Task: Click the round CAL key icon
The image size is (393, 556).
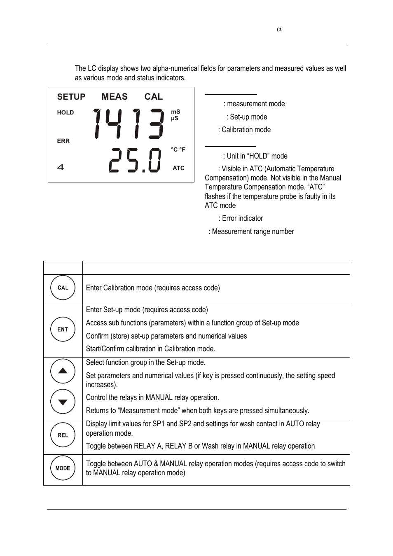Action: pyautogui.click(x=63, y=288)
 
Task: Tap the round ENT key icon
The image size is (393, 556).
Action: pyautogui.click(x=63, y=329)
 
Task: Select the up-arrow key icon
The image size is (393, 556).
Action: pyautogui.click(x=63, y=371)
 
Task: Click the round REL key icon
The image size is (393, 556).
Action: pyautogui.click(x=63, y=435)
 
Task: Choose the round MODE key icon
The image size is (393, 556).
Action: pyautogui.click(x=63, y=468)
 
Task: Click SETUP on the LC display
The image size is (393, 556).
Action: pyautogui.click(x=71, y=97)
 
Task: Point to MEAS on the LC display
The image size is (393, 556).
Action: pyautogui.click(x=115, y=97)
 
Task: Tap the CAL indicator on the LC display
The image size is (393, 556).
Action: pyautogui.click(x=154, y=97)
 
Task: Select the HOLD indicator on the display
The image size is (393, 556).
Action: pyautogui.click(x=65, y=112)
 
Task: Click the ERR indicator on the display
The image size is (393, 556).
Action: pyautogui.click(x=63, y=141)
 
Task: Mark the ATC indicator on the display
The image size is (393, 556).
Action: pyautogui.click(x=178, y=168)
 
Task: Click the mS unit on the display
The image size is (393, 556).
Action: pyautogui.click(x=175, y=112)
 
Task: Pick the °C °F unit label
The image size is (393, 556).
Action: pyautogui.click(x=178, y=150)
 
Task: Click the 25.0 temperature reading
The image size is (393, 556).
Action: pyautogui.click(x=135, y=161)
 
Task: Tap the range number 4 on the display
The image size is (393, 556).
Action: pyautogui.click(x=61, y=167)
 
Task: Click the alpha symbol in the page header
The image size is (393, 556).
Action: pyautogui.click(x=279, y=29)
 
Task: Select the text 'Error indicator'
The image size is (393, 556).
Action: pyautogui.click(x=242, y=218)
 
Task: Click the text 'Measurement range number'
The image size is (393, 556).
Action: pyautogui.click(x=253, y=231)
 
